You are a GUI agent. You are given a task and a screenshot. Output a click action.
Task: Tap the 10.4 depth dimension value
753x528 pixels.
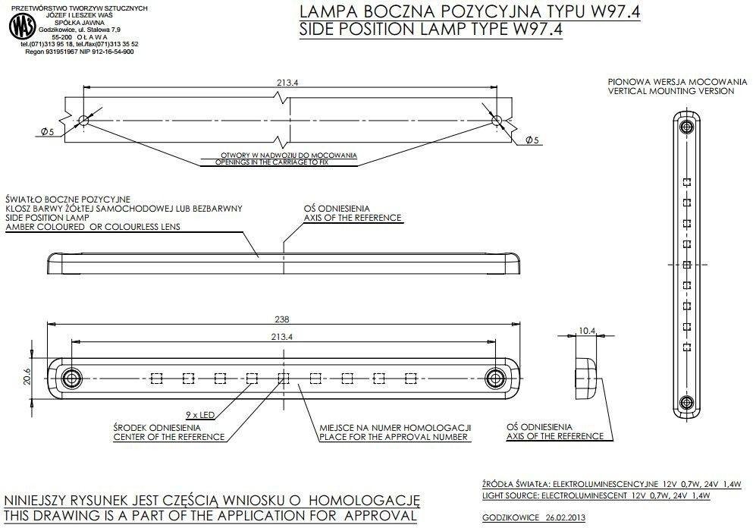[587, 330]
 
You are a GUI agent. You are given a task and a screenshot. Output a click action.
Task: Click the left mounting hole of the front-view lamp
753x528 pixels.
[71, 377]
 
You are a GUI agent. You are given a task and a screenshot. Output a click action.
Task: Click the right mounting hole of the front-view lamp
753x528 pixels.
[495, 377]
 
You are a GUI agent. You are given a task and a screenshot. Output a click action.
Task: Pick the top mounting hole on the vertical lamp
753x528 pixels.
[686, 124]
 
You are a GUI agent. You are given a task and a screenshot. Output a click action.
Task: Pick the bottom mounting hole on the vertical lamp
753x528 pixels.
[686, 401]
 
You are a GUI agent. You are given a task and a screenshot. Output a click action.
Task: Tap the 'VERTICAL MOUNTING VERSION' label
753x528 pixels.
[670, 91]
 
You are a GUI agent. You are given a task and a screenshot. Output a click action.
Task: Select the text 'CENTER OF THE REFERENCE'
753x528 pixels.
[168, 437]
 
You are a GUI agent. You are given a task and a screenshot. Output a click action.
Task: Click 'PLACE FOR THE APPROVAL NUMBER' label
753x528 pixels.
[395, 437]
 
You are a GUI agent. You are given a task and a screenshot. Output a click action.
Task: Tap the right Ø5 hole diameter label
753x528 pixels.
[531, 140]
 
